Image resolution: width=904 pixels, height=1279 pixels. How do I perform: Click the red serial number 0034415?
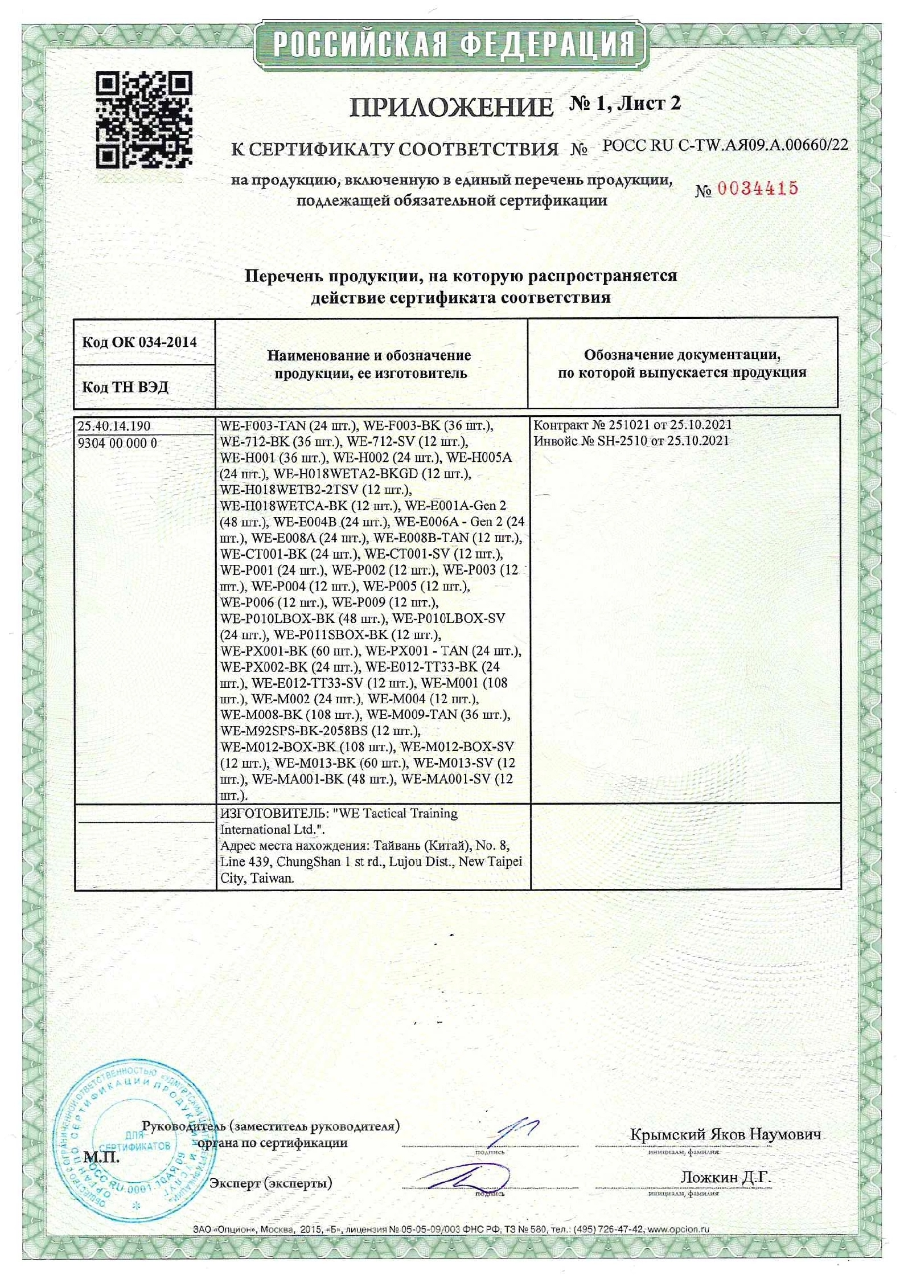tap(757, 188)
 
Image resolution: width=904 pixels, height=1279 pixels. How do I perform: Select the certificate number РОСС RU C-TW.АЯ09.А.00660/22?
tap(725, 146)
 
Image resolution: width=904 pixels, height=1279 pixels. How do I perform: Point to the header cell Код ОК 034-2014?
tap(139, 342)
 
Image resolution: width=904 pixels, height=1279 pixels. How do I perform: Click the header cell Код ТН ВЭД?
tap(125, 387)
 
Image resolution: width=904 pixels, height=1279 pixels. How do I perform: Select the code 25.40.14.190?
tap(114, 426)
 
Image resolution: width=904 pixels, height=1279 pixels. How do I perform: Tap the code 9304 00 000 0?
tap(117, 443)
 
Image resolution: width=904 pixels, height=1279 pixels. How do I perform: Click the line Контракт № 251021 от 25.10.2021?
tap(632, 425)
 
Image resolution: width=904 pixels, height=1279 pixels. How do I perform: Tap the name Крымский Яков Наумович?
tap(725, 1134)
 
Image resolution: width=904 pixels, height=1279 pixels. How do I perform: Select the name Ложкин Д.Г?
tap(725, 1176)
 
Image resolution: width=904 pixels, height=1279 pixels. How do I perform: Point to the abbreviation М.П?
tap(101, 1157)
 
